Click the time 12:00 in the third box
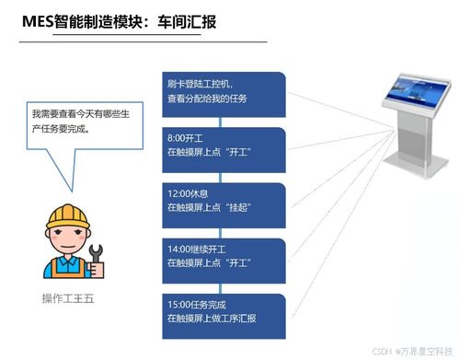(179, 193)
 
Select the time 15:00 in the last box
(179, 304)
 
